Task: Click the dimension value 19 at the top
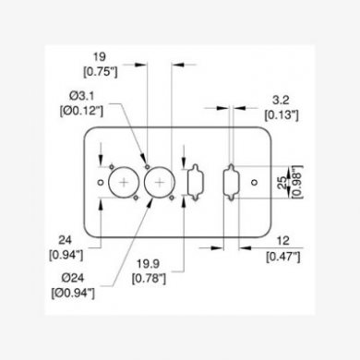(100, 57)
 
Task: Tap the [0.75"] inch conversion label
(101, 72)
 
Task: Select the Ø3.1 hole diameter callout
(81, 96)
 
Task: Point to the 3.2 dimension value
(281, 101)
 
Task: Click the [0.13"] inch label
(282, 115)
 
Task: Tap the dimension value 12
(283, 241)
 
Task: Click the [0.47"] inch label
(283, 257)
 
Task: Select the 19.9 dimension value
(149, 264)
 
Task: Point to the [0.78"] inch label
(149, 279)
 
